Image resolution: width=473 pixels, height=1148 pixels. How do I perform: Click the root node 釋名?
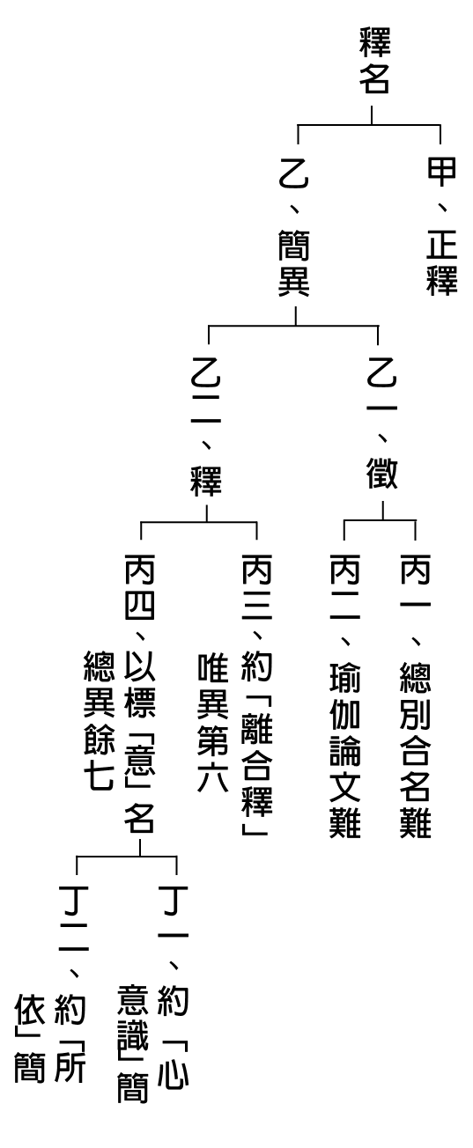tap(374, 61)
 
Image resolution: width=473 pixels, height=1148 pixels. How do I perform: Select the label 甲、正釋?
tap(441, 227)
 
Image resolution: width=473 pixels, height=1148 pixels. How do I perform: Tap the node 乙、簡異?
tap(294, 227)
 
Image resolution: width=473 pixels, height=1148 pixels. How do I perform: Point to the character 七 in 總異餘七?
tap(99, 774)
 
